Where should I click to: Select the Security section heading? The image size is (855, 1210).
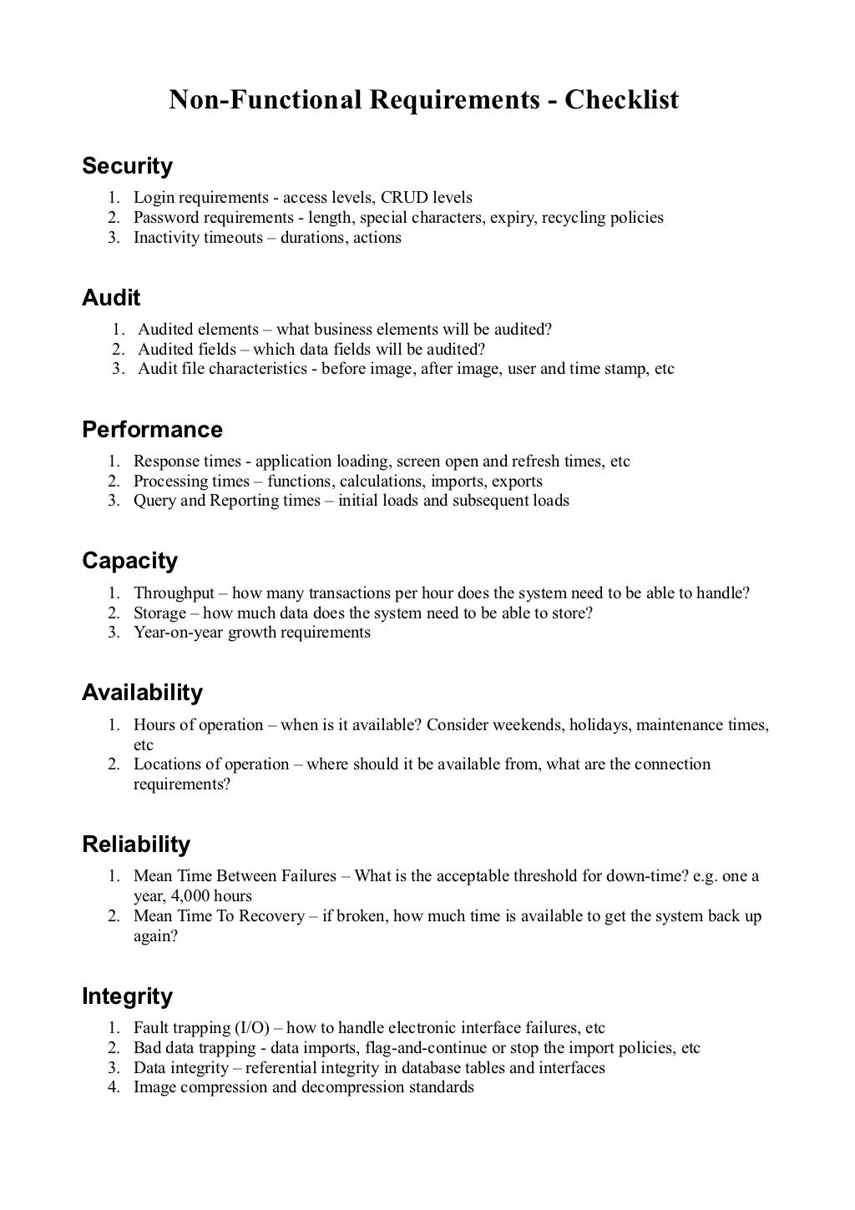point(127,166)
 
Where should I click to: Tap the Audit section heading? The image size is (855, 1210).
point(111,298)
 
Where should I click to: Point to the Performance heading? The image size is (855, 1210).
point(152,430)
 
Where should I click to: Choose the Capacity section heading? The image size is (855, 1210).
point(129,561)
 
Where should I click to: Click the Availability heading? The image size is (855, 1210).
point(142,693)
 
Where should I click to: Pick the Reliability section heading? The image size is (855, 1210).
point(136,844)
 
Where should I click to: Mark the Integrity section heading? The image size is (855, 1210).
point(127,996)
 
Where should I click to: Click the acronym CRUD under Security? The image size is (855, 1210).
point(404,198)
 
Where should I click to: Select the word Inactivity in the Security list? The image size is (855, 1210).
point(166,238)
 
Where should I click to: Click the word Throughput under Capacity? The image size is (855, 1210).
point(174,593)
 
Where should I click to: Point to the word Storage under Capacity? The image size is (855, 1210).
point(159,613)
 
